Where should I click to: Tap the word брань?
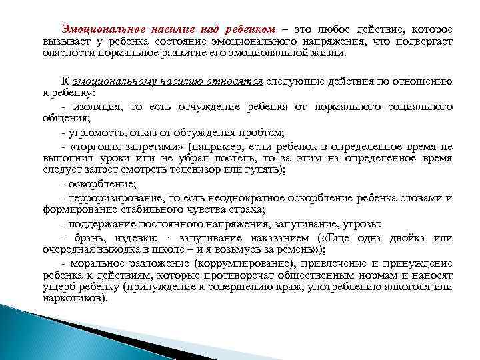point(83,238)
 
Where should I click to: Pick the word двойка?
point(411,238)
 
